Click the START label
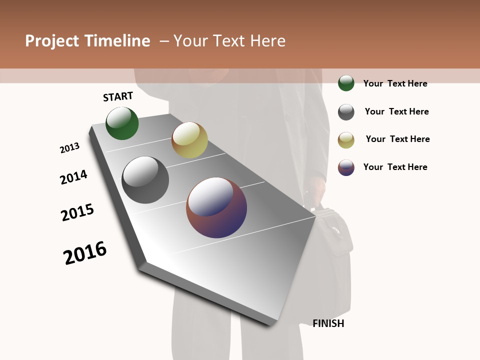[118, 96]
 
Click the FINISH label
[328, 323]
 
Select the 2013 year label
[69, 148]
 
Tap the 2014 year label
[74, 177]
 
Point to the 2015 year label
[77, 212]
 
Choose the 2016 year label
[85, 253]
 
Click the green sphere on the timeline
[122, 123]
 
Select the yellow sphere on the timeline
[189, 140]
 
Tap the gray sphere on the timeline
[145, 180]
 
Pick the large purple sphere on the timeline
[216, 207]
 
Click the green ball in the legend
[346, 83]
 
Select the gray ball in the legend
[346, 112]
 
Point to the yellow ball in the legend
[346, 140]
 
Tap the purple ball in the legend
[346, 167]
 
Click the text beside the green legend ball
[395, 83]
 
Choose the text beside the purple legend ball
[395, 167]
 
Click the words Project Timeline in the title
[87, 41]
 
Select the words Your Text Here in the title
[229, 41]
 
